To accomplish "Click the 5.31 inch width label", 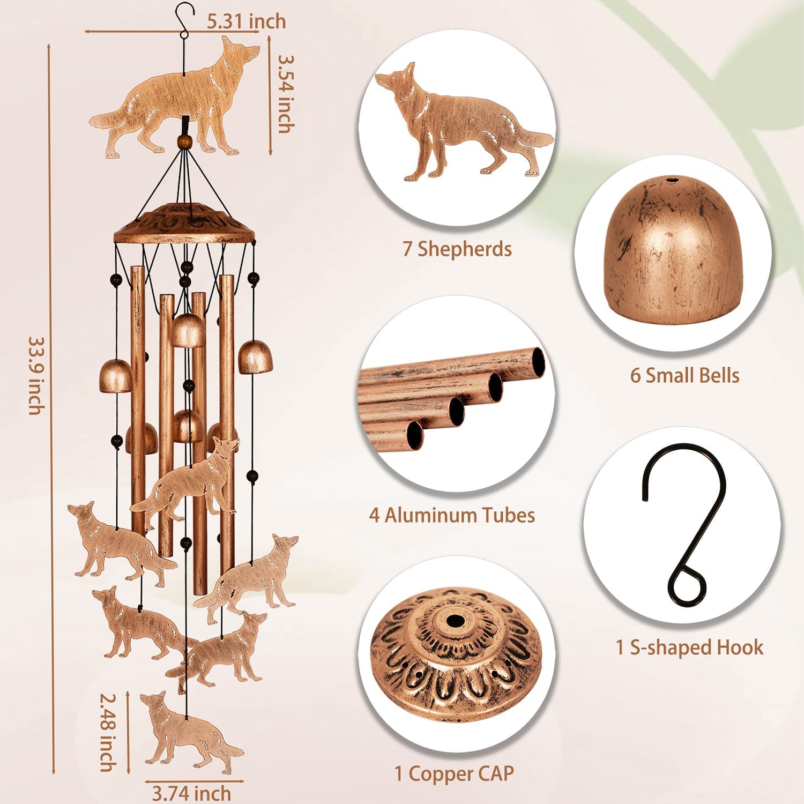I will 246,21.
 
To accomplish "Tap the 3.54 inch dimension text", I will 286,94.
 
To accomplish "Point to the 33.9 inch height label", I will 36,375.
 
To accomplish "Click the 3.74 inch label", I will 191,793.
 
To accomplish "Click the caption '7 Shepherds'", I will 457,249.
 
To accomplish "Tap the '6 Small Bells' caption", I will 684,375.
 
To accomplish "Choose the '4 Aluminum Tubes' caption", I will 452,515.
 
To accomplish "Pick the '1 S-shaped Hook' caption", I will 689,647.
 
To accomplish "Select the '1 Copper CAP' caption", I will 454,773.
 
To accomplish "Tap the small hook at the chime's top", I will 185,21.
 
